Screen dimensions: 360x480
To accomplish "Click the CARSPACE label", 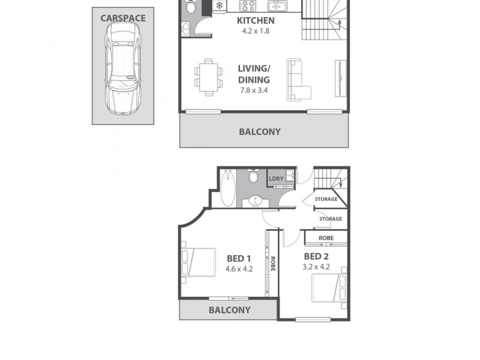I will [x=123, y=18].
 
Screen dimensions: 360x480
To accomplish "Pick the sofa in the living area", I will [x=298, y=79].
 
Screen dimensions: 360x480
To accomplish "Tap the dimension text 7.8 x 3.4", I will [x=253, y=91].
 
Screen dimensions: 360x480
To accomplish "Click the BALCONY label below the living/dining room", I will [x=260, y=132].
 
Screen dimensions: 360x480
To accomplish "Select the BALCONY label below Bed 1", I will [x=229, y=310].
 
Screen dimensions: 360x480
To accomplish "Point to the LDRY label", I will [x=276, y=179].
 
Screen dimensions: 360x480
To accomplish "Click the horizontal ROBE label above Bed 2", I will [x=326, y=238].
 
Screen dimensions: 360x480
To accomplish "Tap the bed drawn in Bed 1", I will [x=199, y=262].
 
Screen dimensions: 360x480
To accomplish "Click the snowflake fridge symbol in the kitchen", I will [x=220, y=6].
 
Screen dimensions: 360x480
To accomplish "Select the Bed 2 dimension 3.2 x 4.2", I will [x=316, y=267].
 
